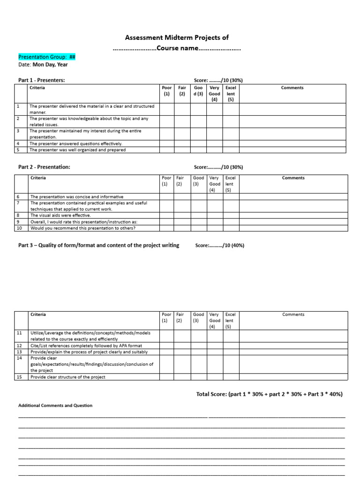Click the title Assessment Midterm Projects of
pyautogui.click(x=176, y=37)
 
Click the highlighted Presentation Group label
pyautogui.click(x=47, y=57)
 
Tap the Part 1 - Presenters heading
pyautogui.click(x=41, y=80)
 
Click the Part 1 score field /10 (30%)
pyautogui.click(x=218, y=80)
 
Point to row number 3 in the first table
pyautogui.click(x=18, y=131)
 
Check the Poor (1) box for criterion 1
pyautogui.click(x=166, y=109)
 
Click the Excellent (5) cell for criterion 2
pyautogui.click(x=231, y=121)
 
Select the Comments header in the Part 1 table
pyautogui.click(x=292, y=88)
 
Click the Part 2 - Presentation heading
pyautogui.click(x=44, y=167)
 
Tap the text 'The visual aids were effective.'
pyautogui.click(x=60, y=215)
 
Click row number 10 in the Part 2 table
pyautogui.click(x=19, y=228)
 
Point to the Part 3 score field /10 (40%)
pyautogui.click(x=219, y=245)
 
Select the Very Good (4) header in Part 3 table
pyautogui.click(x=214, y=321)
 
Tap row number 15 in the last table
pyautogui.click(x=20, y=377)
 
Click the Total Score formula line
pyautogui.click(x=269, y=394)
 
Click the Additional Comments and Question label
pyautogui.click(x=55, y=405)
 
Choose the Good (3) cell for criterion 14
pyautogui.click(x=199, y=364)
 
